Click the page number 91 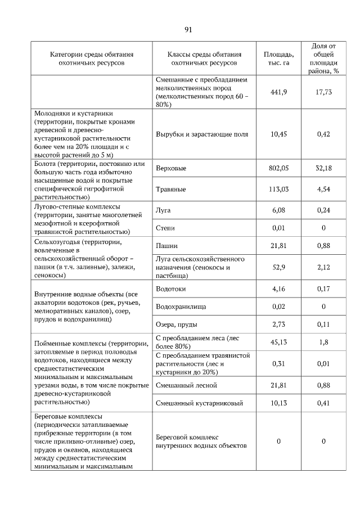(188, 29)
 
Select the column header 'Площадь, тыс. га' (278, 58)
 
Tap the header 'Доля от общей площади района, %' (323, 58)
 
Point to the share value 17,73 (323, 92)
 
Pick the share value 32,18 (323, 168)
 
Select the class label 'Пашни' (166, 246)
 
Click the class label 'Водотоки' (170, 289)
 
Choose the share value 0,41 (323, 403)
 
